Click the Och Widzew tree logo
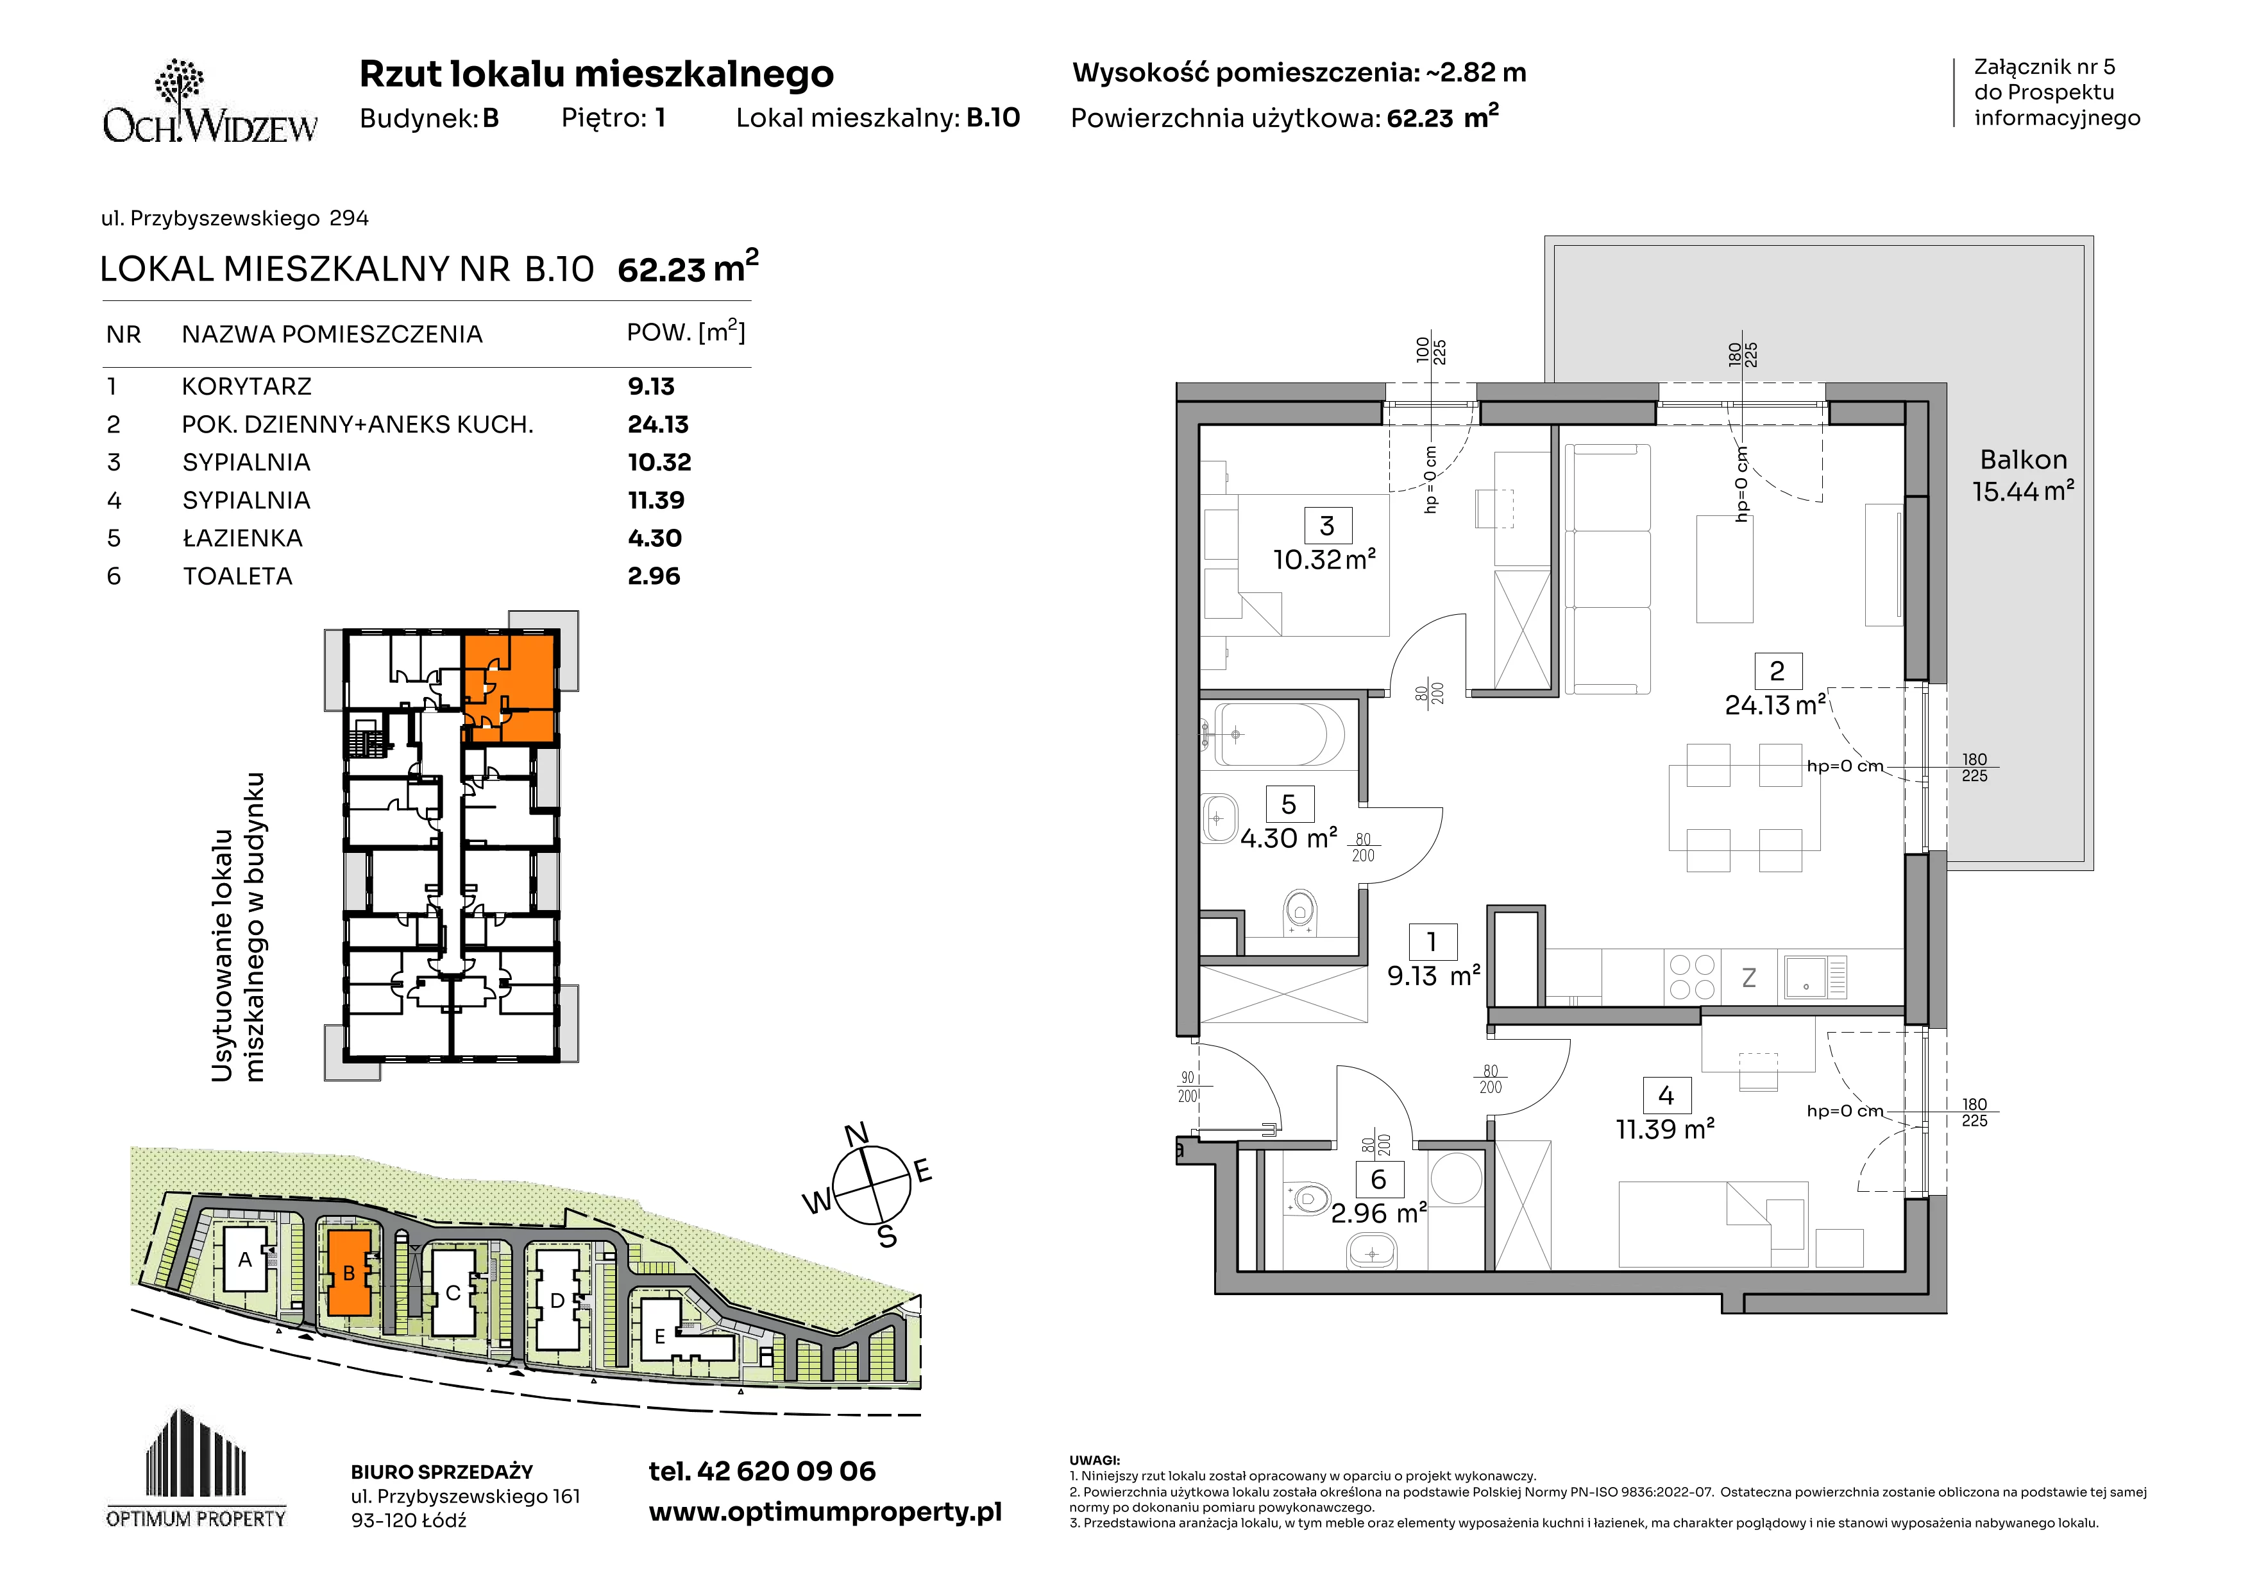(x=180, y=82)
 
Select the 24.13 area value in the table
(x=657, y=424)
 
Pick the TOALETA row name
(x=237, y=576)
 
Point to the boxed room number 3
(x=1327, y=526)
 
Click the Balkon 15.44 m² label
(x=2023, y=476)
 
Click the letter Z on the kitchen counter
(x=1748, y=977)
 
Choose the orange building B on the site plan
(x=348, y=1273)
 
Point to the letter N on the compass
(x=856, y=1134)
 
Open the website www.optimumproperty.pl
(x=825, y=1513)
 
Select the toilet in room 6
(x=1307, y=1199)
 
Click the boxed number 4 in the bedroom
(x=1666, y=1095)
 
